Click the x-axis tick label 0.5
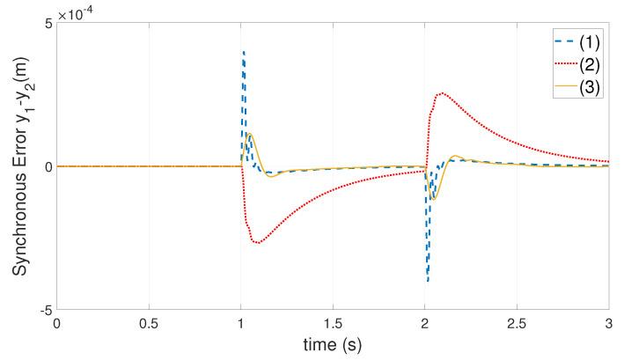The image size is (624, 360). pyautogui.click(x=149, y=324)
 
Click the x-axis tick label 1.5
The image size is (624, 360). pyautogui.click(x=333, y=324)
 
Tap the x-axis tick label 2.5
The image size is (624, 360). pyautogui.click(x=517, y=324)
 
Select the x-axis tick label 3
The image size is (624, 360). pyautogui.click(x=608, y=324)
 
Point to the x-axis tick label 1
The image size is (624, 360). pyautogui.click(x=241, y=324)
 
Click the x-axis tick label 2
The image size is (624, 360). pyautogui.click(x=425, y=324)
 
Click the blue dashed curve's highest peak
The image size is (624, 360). pyautogui.click(x=244, y=52)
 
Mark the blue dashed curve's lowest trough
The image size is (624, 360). pyautogui.click(x=428, y=281)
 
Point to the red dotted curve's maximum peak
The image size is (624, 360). pyautogui.click(x=442, y=93)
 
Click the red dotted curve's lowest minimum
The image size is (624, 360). pyautogui.click(x=257, y=241)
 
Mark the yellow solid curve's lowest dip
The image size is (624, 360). pyautogui.click(x=432, y=199)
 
